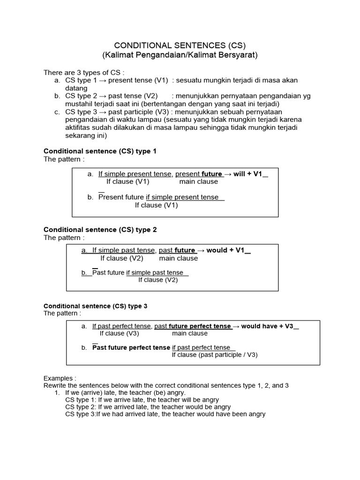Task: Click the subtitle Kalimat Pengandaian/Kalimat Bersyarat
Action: coord(180,55)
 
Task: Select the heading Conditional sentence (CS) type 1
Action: coord(100,151)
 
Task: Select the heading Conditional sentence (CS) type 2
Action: coord(100,229)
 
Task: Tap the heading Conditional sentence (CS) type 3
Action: coord(95,306)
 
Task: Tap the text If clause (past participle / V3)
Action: coord(215,355)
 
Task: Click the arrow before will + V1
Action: coord(228,173)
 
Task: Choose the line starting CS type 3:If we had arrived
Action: coord(165,414)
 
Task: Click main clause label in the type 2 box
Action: coord(178,258)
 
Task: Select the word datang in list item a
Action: coord(76,88)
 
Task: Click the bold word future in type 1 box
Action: coord(212,173)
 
